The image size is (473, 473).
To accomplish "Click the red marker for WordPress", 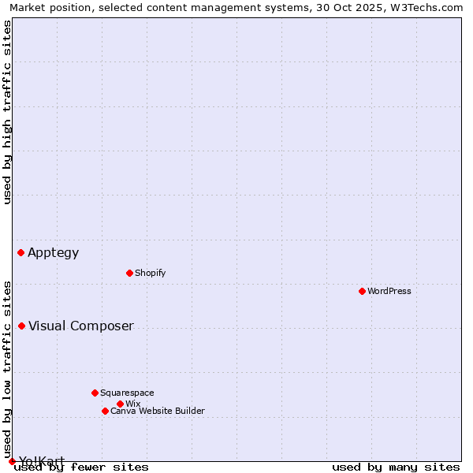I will (x=362, y=291).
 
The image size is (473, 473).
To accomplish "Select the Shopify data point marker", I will (x=129, y=273).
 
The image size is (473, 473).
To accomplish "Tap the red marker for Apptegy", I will (x=21, y=252).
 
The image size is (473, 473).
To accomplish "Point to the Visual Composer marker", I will (x=21, y=326).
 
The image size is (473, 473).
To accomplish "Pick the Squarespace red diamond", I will (x=95, y=393).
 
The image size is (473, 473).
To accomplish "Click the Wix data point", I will (x=120, y=404).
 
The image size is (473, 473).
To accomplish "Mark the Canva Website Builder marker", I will (x=105, y=411).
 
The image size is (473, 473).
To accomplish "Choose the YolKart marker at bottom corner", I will (x=12, y=461).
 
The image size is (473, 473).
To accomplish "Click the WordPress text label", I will (x=389, y=291).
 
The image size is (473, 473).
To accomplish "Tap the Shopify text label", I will (x=150, y=273).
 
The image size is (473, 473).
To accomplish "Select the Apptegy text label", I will (x=54, y=252).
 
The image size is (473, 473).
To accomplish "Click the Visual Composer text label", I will (x=81, y=326).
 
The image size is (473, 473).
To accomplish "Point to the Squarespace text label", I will (x=127, y=393).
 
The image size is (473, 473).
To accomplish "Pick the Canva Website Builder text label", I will (x=158, y=411).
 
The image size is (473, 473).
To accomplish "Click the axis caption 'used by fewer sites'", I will (x=81, y=467).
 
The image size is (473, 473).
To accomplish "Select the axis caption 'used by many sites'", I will (x=396, y=467).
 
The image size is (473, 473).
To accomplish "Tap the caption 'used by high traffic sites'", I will (x=7, y=112).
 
